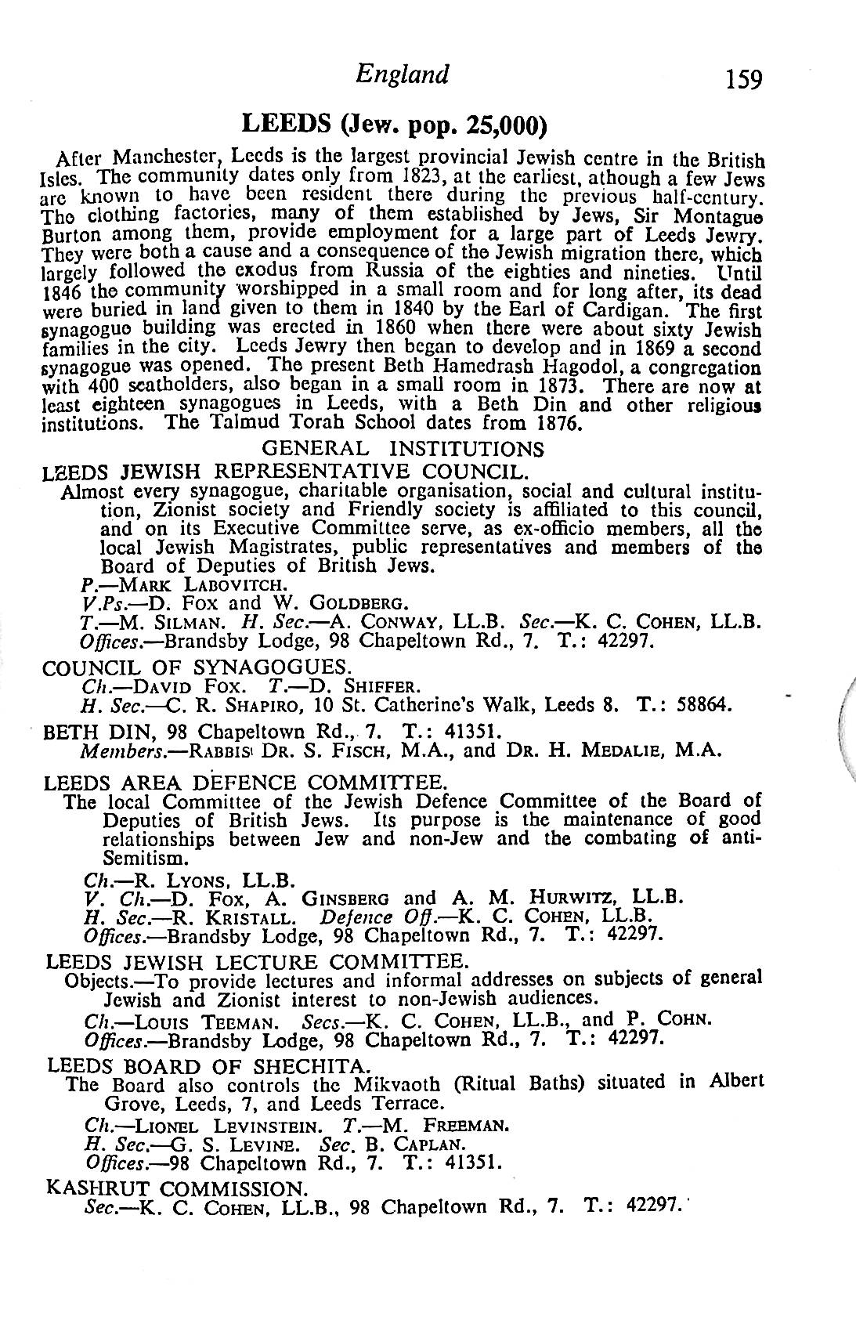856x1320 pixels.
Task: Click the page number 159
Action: pyautogui.click(x=743, y=80)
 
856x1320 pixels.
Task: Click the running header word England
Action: pyautogui.click(x=402, y=74)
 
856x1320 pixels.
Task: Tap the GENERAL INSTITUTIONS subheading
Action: pyautogui.click(x=402, y=449)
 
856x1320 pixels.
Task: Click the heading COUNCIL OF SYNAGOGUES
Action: pyautogui.click(x=194, y=667)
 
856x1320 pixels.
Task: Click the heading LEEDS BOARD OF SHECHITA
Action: pyautogui.click(x=208, y=1066)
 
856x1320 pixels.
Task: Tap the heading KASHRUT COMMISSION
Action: pyautogui.click(x=175, y=1188)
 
